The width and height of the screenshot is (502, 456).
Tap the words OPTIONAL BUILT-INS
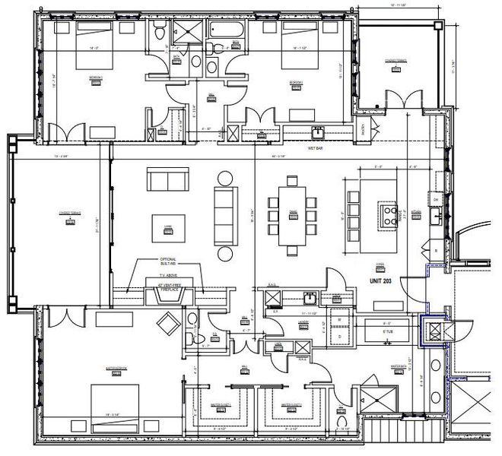pyautogui.click(x=167, y=262)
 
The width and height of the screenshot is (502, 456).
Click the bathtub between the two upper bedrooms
pyautogui.click(x=224, y=30)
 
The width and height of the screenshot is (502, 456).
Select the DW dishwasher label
pyautogui.click(x=437, y=199)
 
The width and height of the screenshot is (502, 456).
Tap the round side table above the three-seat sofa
pyautogui.click(x=224, y=179)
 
